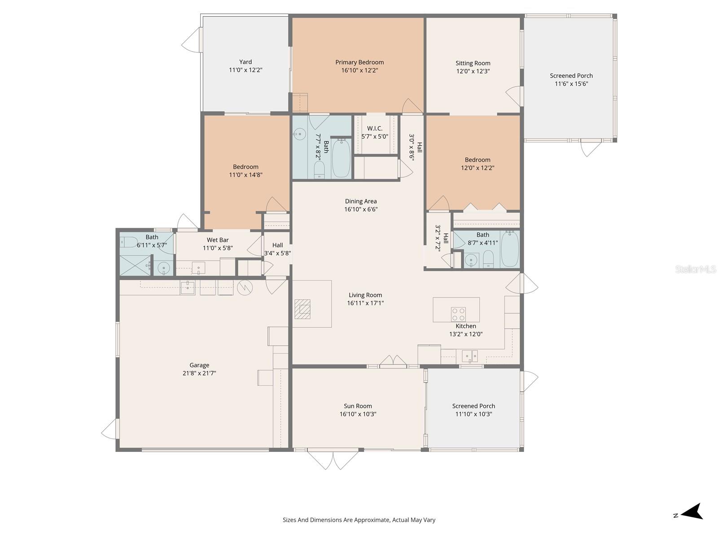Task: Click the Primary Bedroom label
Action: point(359,62)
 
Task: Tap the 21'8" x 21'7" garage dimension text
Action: point(199,373)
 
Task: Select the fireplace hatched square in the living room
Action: point(302,309)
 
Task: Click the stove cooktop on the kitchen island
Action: point(458,314)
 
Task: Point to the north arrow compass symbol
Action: point(692,512)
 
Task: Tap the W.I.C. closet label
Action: point(375,129)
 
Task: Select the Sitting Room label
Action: point(473,63)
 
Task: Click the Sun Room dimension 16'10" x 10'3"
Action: point(358,414)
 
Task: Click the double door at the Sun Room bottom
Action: point(333,460)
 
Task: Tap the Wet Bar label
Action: point(218,240)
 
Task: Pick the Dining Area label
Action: point(361,201)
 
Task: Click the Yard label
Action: point(245,62)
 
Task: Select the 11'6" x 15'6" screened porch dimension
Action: point(571,84)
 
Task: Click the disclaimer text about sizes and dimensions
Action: point(359,520)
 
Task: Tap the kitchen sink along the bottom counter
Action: point(470,356)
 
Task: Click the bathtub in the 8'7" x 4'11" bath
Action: point(510,250)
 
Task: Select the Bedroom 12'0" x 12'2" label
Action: point(477,160)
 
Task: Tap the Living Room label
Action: point(365,295)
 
